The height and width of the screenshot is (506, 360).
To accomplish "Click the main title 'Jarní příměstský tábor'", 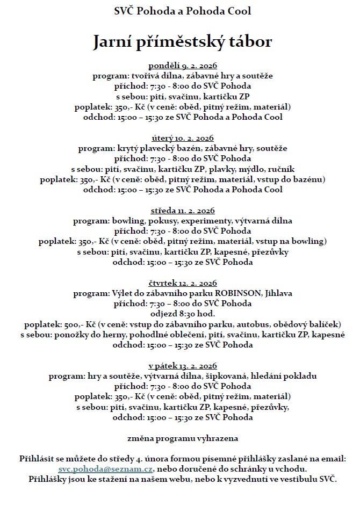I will [183, 42].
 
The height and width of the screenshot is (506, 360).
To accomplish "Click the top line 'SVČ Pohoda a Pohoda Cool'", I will [183, 11].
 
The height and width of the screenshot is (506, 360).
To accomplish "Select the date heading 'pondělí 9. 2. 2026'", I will [183, 66].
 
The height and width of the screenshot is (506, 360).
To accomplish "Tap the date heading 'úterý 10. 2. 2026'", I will [183, 138].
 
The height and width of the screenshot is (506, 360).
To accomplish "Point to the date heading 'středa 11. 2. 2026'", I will [183, 211].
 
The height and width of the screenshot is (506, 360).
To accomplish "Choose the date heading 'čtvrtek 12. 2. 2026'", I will [183, 283].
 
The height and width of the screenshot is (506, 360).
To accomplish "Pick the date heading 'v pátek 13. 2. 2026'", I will [183, 366].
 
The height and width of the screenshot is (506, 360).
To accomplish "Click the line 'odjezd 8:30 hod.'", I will [183, 314].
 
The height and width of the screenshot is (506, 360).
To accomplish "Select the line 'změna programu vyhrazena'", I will [183, 438].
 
